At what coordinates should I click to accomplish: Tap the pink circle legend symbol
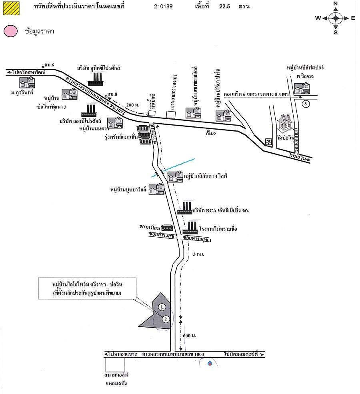click(x=10, y=31)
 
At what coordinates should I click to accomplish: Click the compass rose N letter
click(x=336, y=4)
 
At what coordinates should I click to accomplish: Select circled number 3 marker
click(x=306, y=104)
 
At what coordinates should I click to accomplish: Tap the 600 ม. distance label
click(x=191, y=335)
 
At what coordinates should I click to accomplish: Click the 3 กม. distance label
click(x=198, y=254)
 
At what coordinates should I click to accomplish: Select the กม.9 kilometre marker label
click(x=210, y=134)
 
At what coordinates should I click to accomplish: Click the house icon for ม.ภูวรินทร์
click(x=27, y=83)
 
